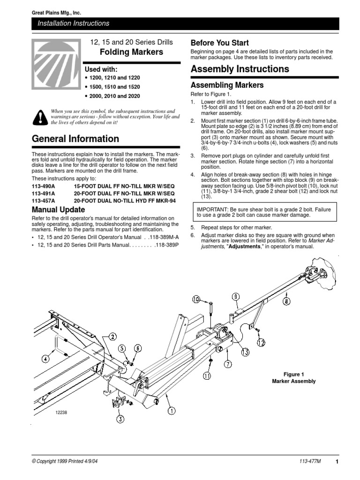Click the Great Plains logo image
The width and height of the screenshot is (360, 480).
(55, 57)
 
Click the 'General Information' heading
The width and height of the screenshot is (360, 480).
(75, 139)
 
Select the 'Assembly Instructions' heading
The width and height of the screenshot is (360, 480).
(240, 69)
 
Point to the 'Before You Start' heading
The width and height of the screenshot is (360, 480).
(220, 43)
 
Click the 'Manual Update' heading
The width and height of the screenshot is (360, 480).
(58, 210)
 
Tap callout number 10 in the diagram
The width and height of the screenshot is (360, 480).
(195, 299)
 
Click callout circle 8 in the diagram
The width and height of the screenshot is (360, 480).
(286, 301)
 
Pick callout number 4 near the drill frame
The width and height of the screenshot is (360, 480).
(45, 359)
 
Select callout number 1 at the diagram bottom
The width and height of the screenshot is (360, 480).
(172, 411)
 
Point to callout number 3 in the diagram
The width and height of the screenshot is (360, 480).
(120, 419)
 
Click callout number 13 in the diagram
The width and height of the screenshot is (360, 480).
(245, 352)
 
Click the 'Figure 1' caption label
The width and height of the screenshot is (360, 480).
(294, 374)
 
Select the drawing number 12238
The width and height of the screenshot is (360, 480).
(61, 412)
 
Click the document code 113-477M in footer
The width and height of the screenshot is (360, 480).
(310, 462)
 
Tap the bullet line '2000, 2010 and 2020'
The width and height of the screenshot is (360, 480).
(114, 96)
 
